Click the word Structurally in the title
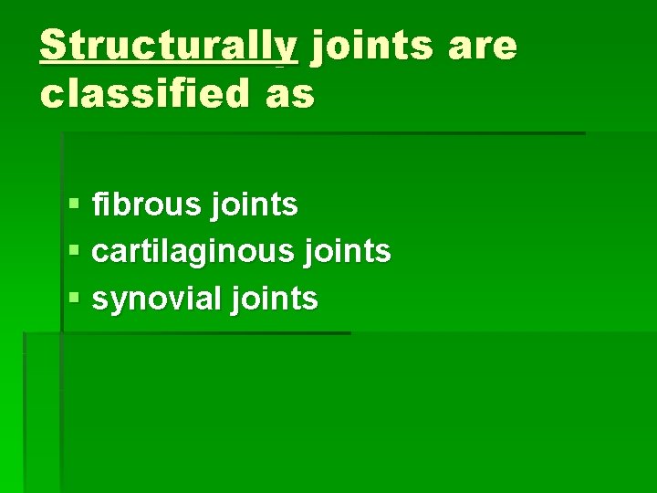pyautogui.click(x=169, y=45)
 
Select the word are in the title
pyautogui.click(x=483, y=47)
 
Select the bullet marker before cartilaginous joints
pyautogui.click(x=73, y=252)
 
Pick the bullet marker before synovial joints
pyautogui.click(x=73, y=299)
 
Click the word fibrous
pyautogui.click(x=150, y=205)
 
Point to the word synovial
pyautogui.click(x=161, y=299)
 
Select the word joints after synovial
pyautogui.click(x=276, y=299)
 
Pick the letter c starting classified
pyautogui.click(x=51, y=94)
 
